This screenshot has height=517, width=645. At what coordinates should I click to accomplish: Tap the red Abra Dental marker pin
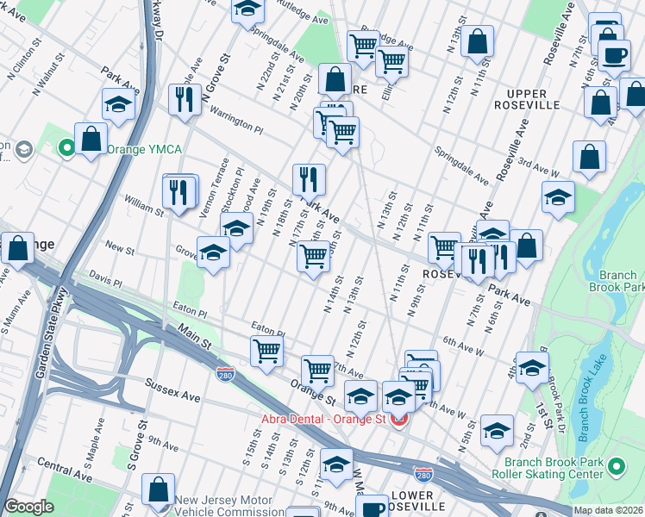398,420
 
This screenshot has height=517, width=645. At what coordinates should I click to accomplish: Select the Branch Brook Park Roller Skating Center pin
616,467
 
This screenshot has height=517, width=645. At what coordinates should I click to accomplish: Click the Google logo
28,507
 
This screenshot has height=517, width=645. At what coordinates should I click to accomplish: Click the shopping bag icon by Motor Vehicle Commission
159,489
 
